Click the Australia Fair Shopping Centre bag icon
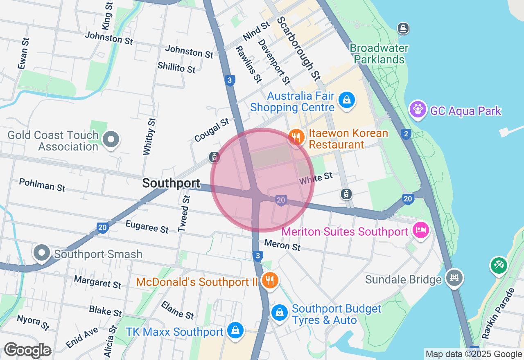tap(347, 99)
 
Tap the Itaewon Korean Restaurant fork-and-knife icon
tap(296, 137)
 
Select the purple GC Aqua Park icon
tap(418, 109)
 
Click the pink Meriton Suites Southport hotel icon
tap(420, 230)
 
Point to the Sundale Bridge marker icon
tap(454, 278)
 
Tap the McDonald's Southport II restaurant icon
tap(269, 280)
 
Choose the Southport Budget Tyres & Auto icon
tap(279, 313)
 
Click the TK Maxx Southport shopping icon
tap(235, 330)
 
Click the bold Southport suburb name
tap(171, 183)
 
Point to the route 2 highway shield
tap(406, 134)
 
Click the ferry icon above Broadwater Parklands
tap(404, 28)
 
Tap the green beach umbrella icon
tap(499, 265)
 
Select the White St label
tap(316, 178)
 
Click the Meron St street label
tap(282, 245)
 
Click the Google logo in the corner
tap(27, 351)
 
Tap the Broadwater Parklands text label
tap(379, 54)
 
